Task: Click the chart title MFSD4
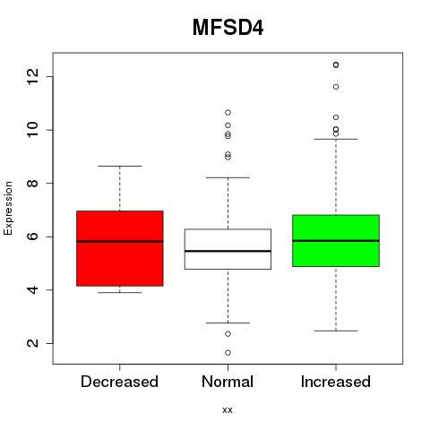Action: (228, 28)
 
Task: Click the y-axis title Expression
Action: (8, 208)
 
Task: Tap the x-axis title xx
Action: (228, 410)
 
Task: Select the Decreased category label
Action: (119, 382)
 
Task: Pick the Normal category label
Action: (228, 382)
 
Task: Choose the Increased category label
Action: (336, 382)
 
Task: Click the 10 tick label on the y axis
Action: (33, 130)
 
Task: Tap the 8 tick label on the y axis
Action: (33, 183)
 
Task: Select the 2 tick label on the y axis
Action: (33, 343)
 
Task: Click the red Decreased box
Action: (120, 248)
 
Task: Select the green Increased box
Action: (336, 241)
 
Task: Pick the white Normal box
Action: (228, 249)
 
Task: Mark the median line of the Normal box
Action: (228, 251)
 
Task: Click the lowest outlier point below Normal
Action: (228, 353)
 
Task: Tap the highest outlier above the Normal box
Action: (228, 113)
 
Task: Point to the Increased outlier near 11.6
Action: (336, 87)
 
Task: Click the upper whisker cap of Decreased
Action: (120, 166)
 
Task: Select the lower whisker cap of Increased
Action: (336, 331)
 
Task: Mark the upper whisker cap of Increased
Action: (336, 139)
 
